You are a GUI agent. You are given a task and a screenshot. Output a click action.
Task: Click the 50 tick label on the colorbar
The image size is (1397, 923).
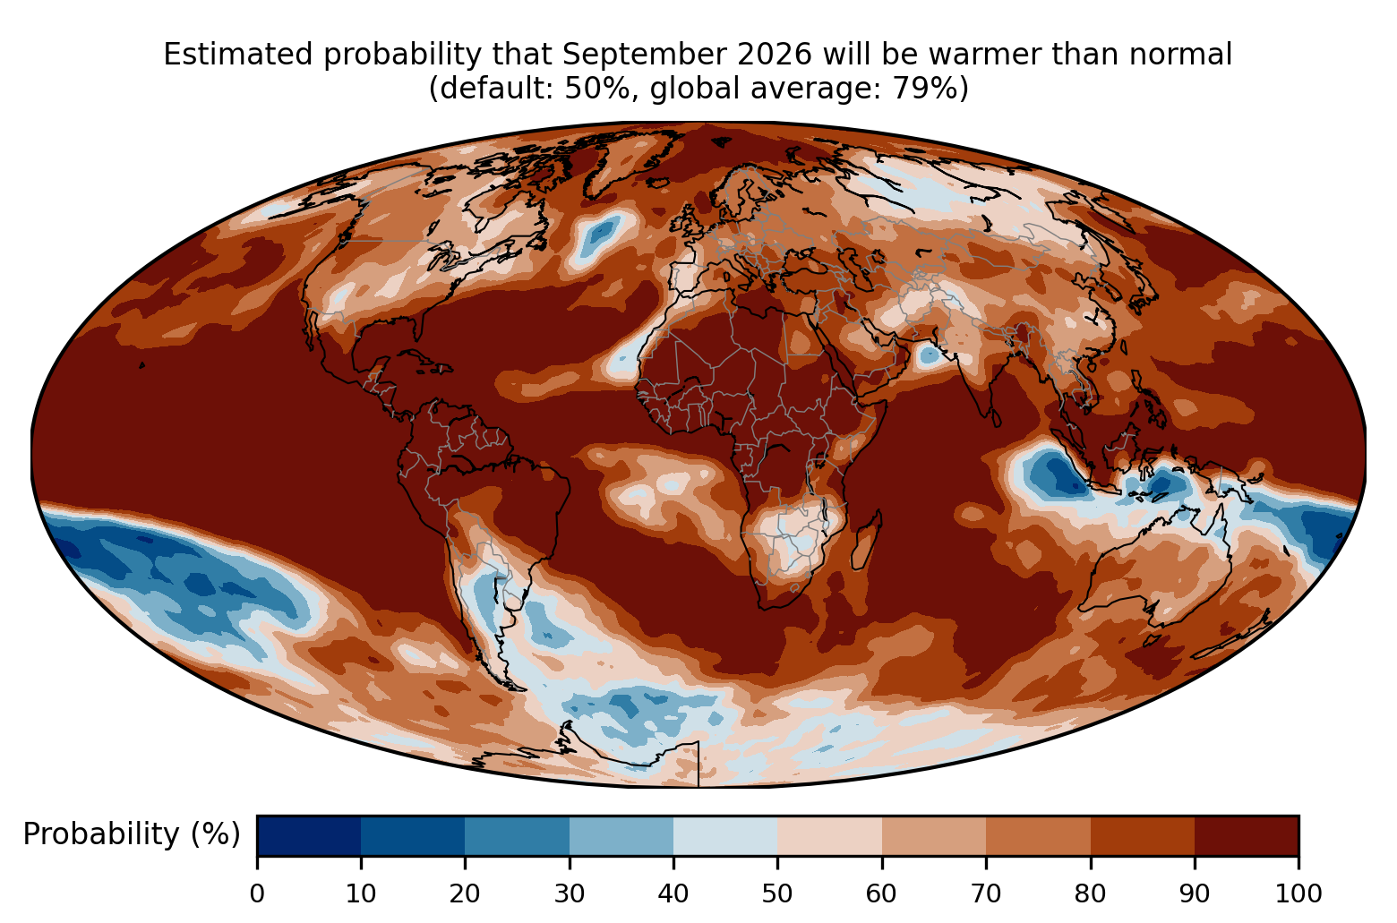point(777,893)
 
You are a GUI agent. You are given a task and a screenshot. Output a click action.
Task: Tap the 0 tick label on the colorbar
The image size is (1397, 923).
point(257,893)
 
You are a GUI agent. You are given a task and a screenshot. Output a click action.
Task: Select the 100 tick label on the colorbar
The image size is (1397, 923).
point(1298,893)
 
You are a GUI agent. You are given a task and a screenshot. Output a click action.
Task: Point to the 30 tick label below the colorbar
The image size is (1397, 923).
point(570,893)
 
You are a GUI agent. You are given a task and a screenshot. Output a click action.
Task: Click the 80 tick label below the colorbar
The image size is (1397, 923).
point(1090,893)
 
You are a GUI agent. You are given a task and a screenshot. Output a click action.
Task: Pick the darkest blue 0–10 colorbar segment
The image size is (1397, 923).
point(309,835)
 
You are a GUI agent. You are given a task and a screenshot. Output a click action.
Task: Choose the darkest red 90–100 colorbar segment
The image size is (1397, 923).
point(1247,835)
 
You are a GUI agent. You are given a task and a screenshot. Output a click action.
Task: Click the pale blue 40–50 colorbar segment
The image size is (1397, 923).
point(725,835)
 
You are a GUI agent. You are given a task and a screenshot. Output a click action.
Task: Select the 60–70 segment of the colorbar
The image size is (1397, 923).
point(934,835)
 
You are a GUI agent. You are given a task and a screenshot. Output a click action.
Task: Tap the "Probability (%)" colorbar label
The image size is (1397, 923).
point(132,834)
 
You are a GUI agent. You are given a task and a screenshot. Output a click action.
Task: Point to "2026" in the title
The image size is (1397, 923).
point(775,55)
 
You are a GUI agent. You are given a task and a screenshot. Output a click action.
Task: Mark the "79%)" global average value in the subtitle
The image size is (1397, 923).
point(930,89)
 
